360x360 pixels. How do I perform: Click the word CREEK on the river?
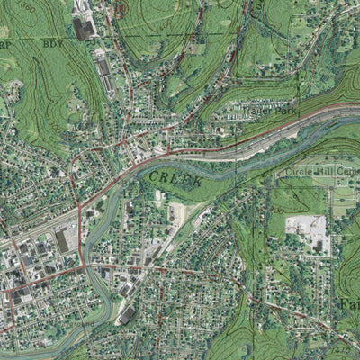[176, 178]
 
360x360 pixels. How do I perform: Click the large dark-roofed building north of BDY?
[84, 29]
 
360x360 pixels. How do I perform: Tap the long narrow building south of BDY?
[104, 67]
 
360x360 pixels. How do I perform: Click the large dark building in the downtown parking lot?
[62, 241]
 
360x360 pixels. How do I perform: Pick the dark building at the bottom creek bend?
[128, 315]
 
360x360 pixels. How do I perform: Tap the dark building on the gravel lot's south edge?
[318, 245]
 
